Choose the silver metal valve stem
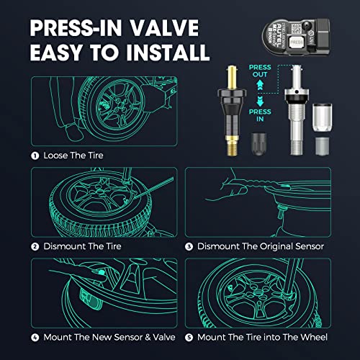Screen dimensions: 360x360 coord(294,115)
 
